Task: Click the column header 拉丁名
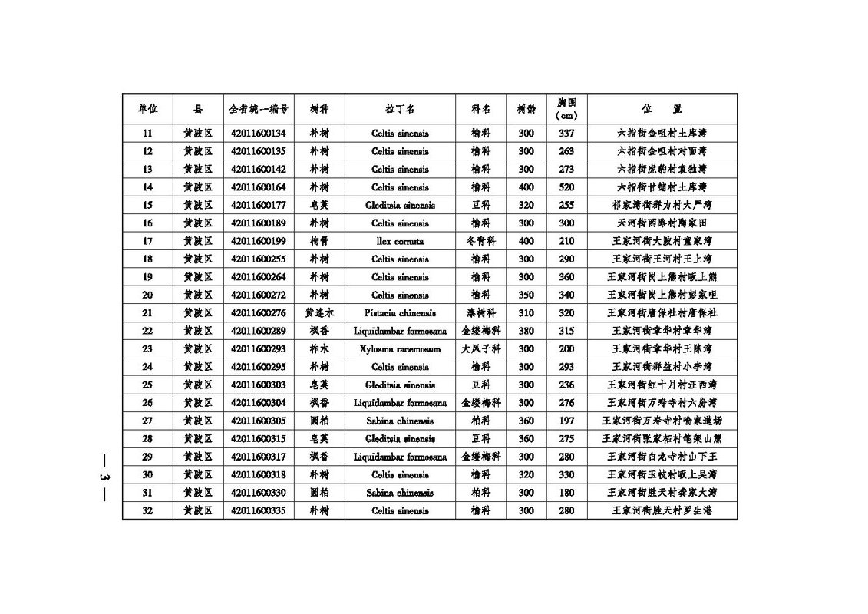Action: point(399,109)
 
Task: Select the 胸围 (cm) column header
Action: point(566,109)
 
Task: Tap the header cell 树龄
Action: point(526,109)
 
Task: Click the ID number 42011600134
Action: point(258,133)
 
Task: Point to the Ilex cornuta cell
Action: point(399,241)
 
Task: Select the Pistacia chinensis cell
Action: point(399,313)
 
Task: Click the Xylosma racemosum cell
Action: point(399,349)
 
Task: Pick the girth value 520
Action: point(566,187)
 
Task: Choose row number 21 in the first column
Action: point(147,313)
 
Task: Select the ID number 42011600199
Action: point(258,241)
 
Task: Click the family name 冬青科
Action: point(480,241)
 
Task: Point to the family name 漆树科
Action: point(480,313)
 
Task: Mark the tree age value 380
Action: point(526,331)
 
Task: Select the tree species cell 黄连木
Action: point(318,313)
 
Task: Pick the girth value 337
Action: point(566,133)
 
